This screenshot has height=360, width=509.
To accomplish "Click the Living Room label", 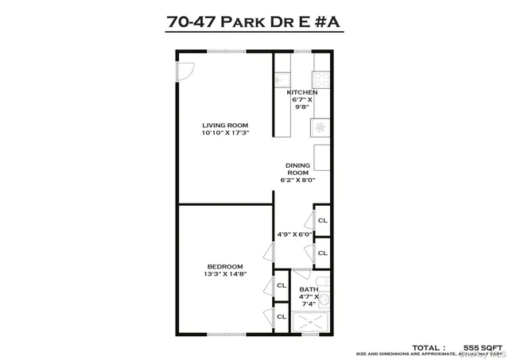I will [225, 126].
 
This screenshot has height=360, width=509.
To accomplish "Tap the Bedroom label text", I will [225, 267].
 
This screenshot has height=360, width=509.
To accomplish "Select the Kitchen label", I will [302, 93].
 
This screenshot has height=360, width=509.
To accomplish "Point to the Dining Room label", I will [297, 169].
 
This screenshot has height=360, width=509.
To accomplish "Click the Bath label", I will [309, 290].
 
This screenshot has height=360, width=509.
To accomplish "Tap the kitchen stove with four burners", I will [322, 79].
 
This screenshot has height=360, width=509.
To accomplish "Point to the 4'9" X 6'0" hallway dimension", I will [293, 234].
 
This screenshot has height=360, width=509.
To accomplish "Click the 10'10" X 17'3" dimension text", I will [225, 134].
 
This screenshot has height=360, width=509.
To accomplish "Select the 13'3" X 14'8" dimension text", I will [225, 275].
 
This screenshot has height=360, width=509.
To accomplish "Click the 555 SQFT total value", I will [484, 348].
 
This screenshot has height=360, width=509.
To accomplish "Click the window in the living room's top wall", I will [225, 51].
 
